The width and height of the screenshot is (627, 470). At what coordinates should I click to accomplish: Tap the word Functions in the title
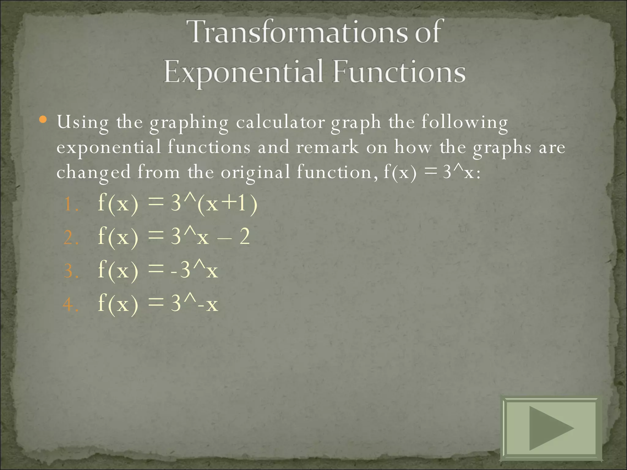point(399,72)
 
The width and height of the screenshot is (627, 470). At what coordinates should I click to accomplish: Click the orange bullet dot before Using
point(43,119)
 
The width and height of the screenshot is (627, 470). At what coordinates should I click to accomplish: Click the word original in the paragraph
point(255,173)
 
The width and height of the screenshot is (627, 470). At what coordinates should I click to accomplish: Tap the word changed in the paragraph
point(93,173)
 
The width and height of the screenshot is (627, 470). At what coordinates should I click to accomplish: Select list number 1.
point(70,204)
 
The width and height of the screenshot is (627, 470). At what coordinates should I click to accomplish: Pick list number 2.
point(70,238)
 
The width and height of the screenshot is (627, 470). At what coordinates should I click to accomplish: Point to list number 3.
point(70,271)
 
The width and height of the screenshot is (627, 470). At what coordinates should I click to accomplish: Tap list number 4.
point(70,304)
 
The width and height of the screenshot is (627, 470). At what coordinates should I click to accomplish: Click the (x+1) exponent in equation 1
point(227,204)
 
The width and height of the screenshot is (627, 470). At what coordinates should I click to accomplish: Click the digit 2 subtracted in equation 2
point(244,237)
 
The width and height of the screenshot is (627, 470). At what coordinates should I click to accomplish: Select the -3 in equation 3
point(181,270)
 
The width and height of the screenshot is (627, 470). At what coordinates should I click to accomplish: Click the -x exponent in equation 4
point(208,304)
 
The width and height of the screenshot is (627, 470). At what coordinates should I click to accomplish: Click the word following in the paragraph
point(464,123)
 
